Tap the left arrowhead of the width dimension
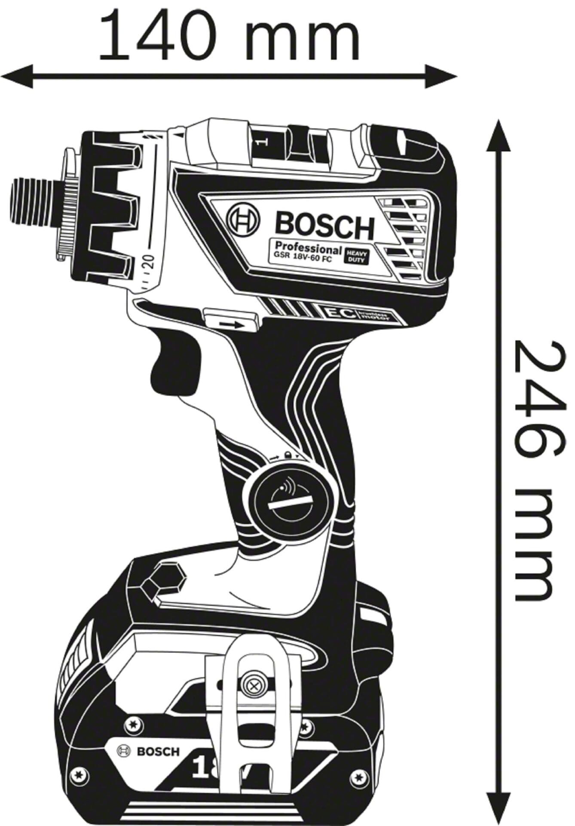click(x=17, y=77)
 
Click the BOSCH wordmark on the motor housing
click(x=324, y=225)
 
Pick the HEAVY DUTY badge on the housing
click(x=356, y=256)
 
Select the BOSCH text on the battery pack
click(x=158, y=751)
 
